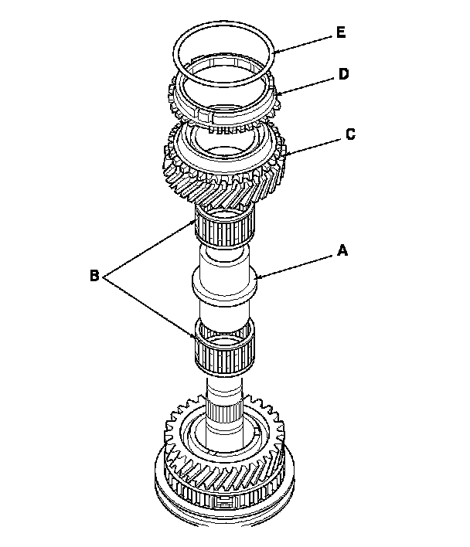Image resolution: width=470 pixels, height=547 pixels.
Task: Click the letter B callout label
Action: pos(94,275)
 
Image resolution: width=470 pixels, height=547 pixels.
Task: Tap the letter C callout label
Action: pos(350,134)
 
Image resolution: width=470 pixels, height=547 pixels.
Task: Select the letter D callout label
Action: pos(343,74)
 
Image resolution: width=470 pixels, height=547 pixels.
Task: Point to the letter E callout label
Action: pos(341,33)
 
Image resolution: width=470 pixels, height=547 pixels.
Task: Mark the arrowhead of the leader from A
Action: pos(257,276)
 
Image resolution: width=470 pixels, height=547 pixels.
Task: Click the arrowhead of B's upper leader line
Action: pos(197,222)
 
